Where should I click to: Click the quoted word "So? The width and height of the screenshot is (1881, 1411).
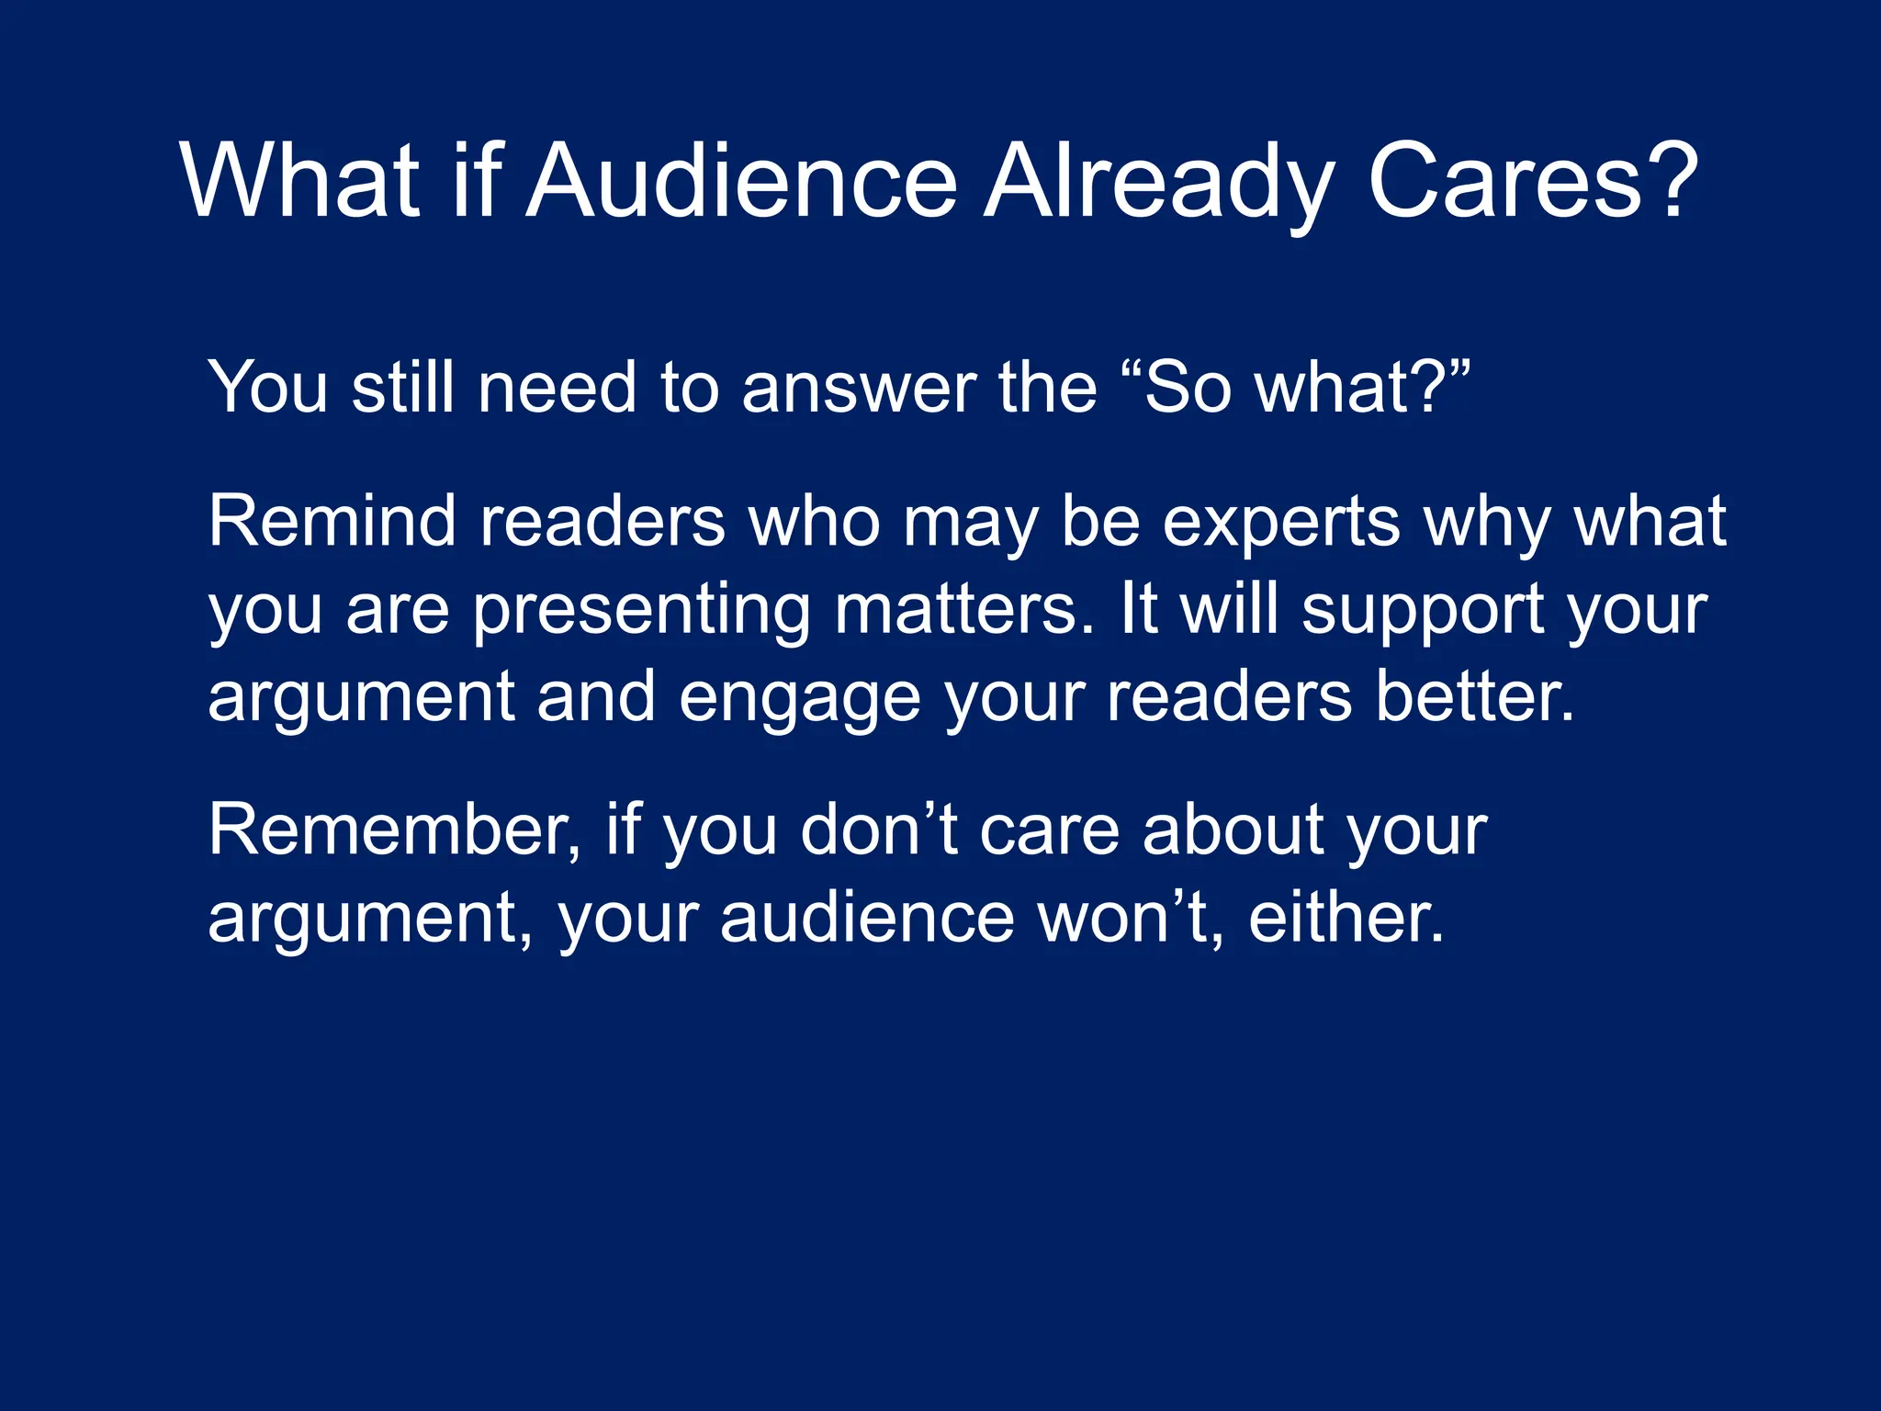(x=1177, y=388)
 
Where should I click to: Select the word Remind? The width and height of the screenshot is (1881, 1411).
(x=332, y=522)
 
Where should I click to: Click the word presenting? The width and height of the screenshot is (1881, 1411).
(x=641, y=612)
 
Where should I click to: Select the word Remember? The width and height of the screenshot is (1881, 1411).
(x=395, y=830)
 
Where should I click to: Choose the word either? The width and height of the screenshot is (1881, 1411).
(x=1346, y=919)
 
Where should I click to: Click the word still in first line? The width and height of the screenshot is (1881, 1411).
(x=403, y=388)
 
